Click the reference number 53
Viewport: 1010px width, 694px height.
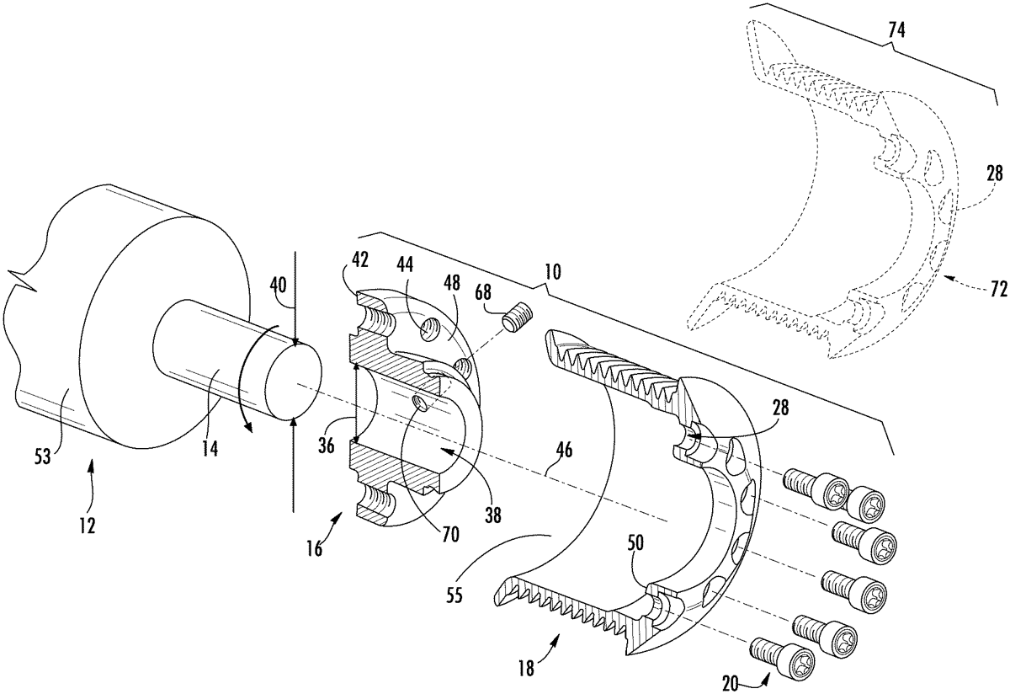[43, 456]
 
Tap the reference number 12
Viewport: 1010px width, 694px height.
[88, 526]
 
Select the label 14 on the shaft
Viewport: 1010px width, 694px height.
[210, 448]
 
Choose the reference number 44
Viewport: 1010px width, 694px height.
[404, 265]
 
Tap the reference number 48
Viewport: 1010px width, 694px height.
[451, 283]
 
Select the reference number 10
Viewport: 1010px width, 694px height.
[553, 272]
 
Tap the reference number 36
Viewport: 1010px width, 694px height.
[326, 446]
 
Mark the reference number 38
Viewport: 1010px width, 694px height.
[493, 515]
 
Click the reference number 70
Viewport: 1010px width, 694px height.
[450, 534]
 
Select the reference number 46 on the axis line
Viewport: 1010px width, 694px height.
[564, 450]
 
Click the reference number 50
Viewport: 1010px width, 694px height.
[635, 544]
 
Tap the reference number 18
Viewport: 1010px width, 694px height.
[526, 668]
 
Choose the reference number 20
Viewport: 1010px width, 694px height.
[730, 684]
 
